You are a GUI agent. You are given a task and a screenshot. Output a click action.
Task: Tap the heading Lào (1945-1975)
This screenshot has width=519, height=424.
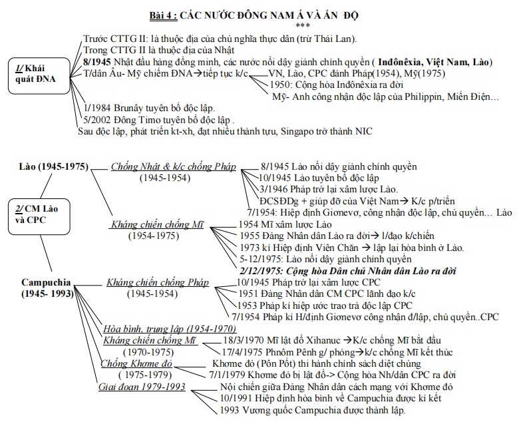pos(53,166)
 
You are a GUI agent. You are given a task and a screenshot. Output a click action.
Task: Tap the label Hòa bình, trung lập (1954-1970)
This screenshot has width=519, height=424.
pos(170,329)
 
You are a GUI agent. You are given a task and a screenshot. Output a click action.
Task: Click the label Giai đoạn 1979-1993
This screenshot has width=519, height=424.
pos(142,387)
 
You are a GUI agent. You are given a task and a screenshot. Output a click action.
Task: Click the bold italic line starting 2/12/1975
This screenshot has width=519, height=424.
pos(339,271)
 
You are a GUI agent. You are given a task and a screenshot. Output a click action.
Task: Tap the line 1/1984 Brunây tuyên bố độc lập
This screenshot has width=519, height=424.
pos(150,107)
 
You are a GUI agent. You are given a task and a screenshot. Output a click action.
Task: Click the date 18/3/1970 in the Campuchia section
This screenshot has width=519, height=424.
pos(244,340)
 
